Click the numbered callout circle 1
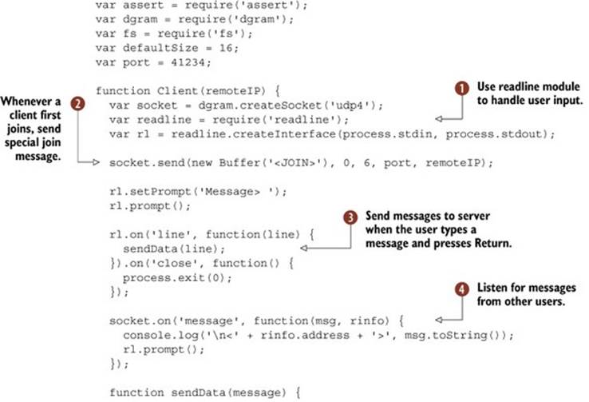462,89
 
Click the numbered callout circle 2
77,103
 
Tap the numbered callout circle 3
350,217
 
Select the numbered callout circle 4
461,289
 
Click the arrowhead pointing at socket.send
96,162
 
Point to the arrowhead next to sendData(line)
304,249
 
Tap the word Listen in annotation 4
492,288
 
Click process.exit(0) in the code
174,278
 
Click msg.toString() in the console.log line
455,335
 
